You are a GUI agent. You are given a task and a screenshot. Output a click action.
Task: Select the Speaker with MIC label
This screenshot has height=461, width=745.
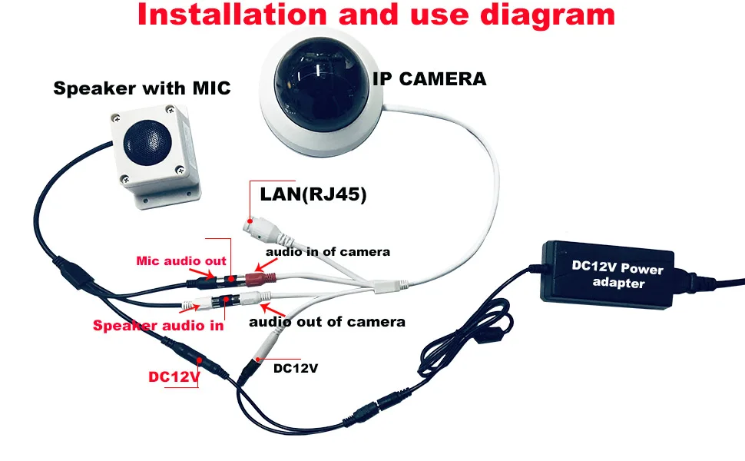pyautogui.click(x=141, y=88)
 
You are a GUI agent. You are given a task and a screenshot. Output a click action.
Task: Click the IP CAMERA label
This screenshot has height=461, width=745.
pyautogui.click(x=429, y=78)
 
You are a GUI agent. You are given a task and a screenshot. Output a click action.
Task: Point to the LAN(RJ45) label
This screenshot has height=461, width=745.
pyautogui.click(x=313, y=196)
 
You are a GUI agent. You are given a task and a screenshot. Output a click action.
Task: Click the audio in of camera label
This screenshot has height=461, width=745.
pyautogui.click(x=328, y=251)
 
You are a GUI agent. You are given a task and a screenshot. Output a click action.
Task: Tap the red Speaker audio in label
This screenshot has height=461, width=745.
pyautogui.click(x=158, y=326)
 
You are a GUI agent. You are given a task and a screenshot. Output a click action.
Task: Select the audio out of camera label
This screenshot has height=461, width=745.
pyautogui.click(x=326, y=321)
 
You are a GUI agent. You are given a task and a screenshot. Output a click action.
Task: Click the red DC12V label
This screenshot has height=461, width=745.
pyautogui.click(x=174, y=378)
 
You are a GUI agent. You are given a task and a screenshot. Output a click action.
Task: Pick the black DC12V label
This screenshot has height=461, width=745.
pyautogui.click(x=296, y=369)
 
